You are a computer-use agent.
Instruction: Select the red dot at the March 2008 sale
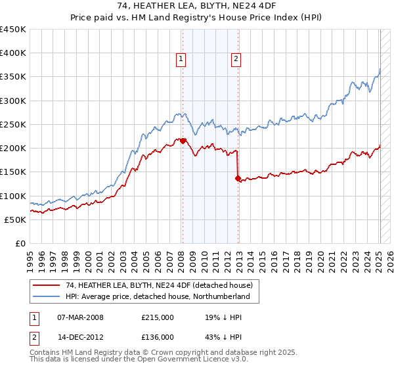[183, 141]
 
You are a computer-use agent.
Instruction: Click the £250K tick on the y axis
[13, 124]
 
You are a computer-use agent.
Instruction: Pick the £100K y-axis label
[13, 196]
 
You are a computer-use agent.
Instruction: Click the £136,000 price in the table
[157, 336]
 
